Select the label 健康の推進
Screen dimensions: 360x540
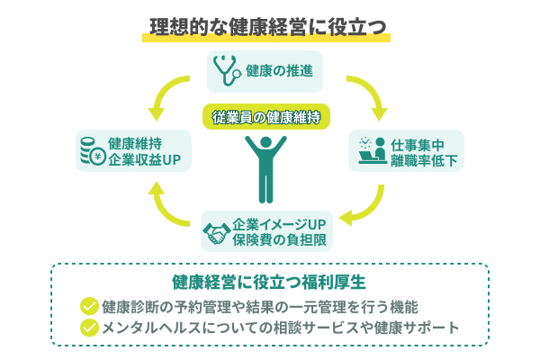279,70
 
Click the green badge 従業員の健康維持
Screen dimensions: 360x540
265,116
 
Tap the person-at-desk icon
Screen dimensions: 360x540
370,150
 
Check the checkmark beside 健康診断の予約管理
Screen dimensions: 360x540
88,306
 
